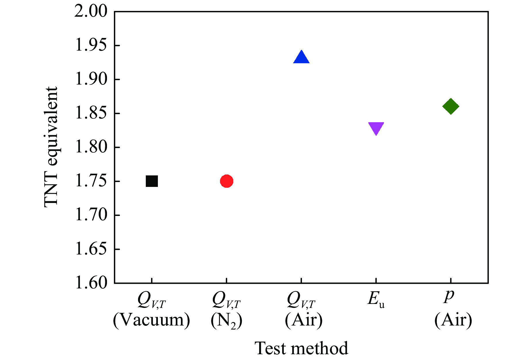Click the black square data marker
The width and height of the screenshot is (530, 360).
(x=152, y=181)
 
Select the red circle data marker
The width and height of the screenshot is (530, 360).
(x=227, y=181)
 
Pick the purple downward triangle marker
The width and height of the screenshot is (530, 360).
(x=376, y=128)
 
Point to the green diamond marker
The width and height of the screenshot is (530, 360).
(x=451, y=106)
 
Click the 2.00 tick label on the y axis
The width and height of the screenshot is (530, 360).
(x=91, y=12)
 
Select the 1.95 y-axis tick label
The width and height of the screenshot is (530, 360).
(x=91, y=46)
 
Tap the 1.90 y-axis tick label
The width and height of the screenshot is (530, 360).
(x=91, y=80)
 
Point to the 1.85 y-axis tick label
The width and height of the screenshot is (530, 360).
(x=91, y=114)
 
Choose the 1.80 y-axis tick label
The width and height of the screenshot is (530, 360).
(x=91, y=148)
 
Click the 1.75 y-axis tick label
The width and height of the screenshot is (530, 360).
(x=91, y=181)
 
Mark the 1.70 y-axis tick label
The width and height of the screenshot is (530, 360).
(x=91, y=215)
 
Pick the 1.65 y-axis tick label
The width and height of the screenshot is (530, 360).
(x=91, y=249)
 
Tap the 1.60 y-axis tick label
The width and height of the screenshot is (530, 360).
(x=91, y=283)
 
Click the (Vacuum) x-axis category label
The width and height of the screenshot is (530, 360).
(x=152, y=320)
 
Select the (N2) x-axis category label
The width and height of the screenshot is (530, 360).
(x=227, y=320)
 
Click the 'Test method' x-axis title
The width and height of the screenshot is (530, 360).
(x=301, y=348)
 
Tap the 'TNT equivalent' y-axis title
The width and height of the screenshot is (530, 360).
(x=51, y=147)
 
